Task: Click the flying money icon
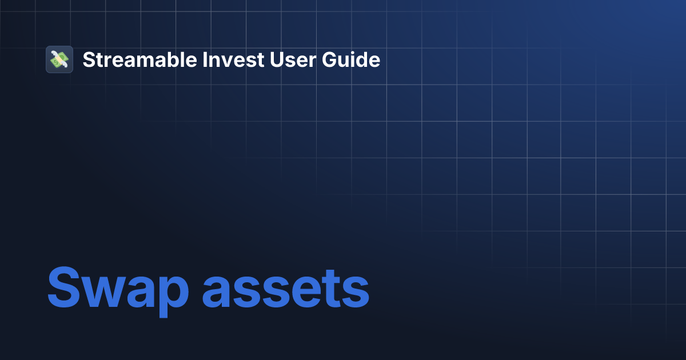point(59,59)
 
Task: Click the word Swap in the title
point(118,289)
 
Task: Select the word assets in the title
point(286,289)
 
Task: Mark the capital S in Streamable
point(88,59)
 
